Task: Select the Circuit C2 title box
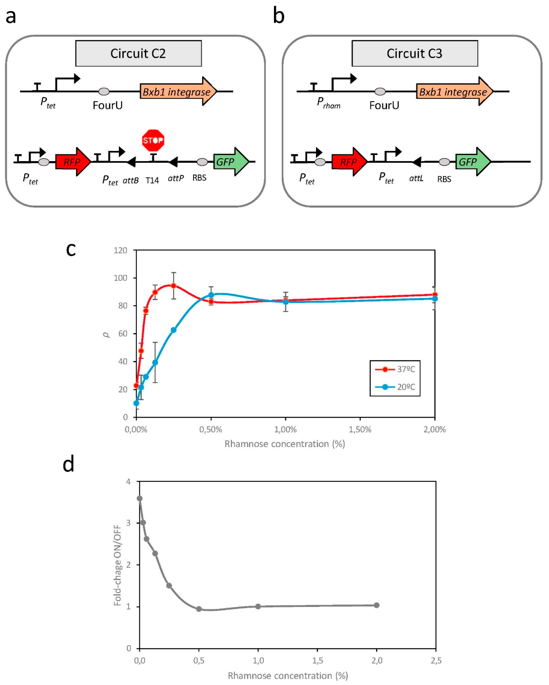click(x=138, y=53)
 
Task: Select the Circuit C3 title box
click(x=415, y=53)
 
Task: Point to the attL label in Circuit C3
click(x=416, y=179)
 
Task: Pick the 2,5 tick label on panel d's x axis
click(x=436, y=661)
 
